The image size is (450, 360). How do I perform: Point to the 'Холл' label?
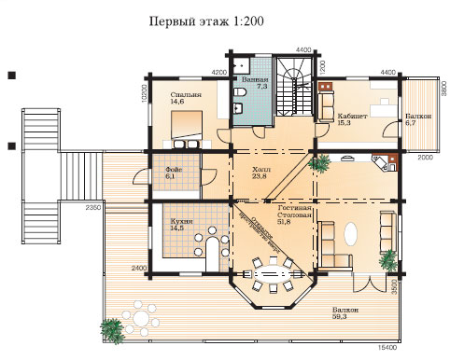tap(261, 171)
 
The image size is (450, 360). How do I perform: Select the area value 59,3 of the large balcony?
tap(345, 318)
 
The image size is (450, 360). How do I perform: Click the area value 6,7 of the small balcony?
tap(412, 120)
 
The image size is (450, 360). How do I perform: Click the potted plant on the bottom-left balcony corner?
tap(111, 327)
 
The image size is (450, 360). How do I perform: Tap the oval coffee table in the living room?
tap(352, 232)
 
